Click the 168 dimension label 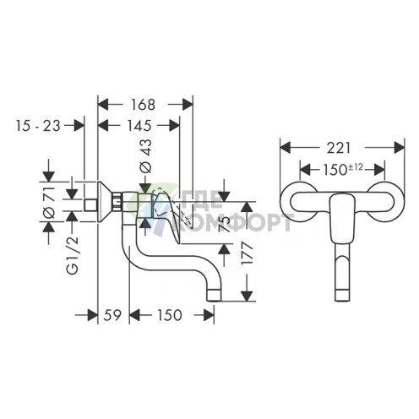click(143, 105)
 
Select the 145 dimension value click(139, 125)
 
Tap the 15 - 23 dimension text click(38, 126)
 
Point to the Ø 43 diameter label click(146, 156)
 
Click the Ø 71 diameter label click(49, 202)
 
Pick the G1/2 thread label click(73, 255)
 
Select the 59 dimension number click(112, 315)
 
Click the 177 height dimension click(248, 253)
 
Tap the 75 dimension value click(225, 224)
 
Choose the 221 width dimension click(339, 148)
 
